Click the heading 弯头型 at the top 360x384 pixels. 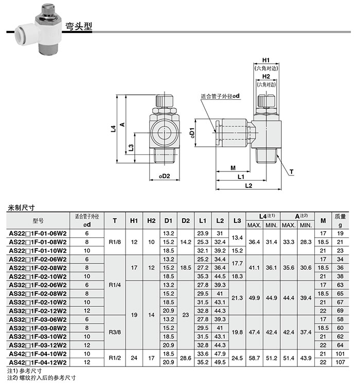[x=79, y=26]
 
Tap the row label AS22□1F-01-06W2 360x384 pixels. [x=38, y=233]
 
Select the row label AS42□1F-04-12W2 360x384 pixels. [x=38, y=362]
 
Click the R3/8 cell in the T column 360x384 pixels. [x=115, y=333]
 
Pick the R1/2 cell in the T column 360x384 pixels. [x=115, y=358]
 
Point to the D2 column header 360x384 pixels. [x=186, y=221]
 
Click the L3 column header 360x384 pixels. [x=237, y=221]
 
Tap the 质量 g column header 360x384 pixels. [x=340, y=220]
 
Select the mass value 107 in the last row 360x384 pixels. [x=340, y=362]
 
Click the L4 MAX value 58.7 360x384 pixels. [x=254, y=358]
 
